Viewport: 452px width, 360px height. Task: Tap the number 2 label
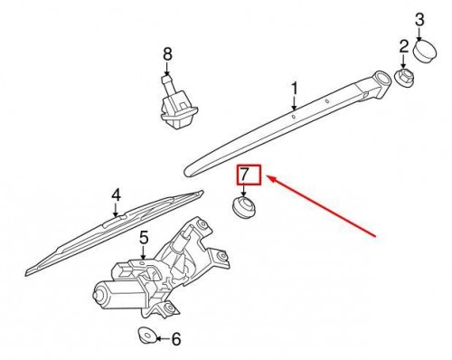click(404, 45)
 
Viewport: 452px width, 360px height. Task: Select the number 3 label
click(419, 17)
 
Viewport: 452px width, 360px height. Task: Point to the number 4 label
click(116, 194)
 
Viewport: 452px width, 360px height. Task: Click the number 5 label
click(143, 239)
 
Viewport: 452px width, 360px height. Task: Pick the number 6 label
click(175, 340)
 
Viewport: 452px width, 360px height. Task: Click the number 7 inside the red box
click(243, 175)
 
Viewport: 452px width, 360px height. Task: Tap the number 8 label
click(167, 54)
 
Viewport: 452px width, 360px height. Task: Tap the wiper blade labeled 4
click(108, 232)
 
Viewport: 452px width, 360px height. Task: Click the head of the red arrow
click(270, 180)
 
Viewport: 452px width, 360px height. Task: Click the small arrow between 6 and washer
click(160, 340)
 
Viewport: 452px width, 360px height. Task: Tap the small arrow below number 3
click(419, 32)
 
